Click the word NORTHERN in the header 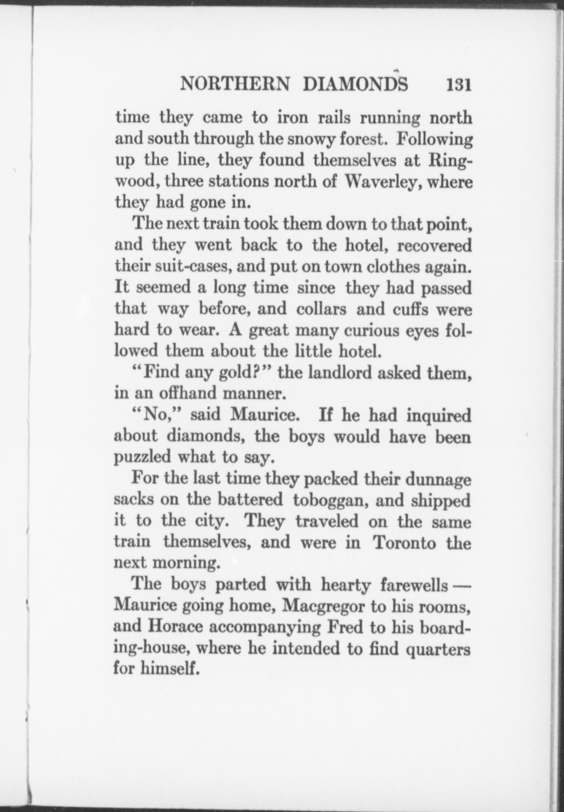coord(235,84)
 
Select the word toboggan coord(328,501)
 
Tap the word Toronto coord(405,543)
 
